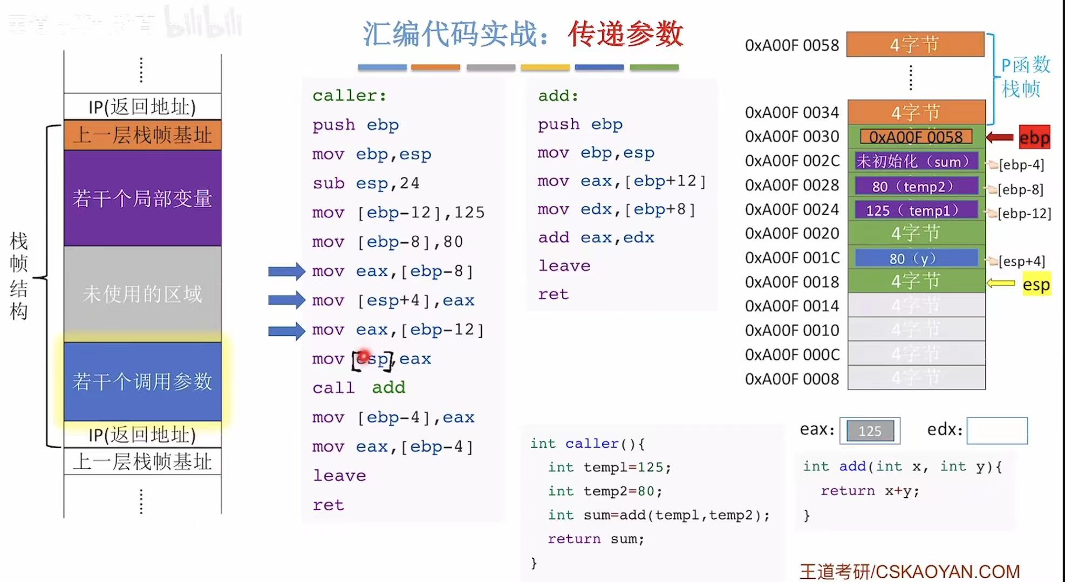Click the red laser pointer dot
364,356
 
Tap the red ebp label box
1034,137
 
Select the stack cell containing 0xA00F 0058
916,137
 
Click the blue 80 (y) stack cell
916,258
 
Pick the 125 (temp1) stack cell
916,210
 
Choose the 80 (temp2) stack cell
916,186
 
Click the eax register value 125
870,431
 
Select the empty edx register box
996,430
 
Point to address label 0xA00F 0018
791,282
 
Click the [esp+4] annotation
1021,261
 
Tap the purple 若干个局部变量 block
142,198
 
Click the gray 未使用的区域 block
142,294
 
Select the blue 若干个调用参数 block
142,381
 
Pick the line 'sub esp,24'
365,183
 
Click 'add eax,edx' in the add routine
596,237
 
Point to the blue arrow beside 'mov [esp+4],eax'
286,300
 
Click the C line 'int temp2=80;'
605,491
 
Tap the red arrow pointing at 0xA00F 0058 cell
1000,138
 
